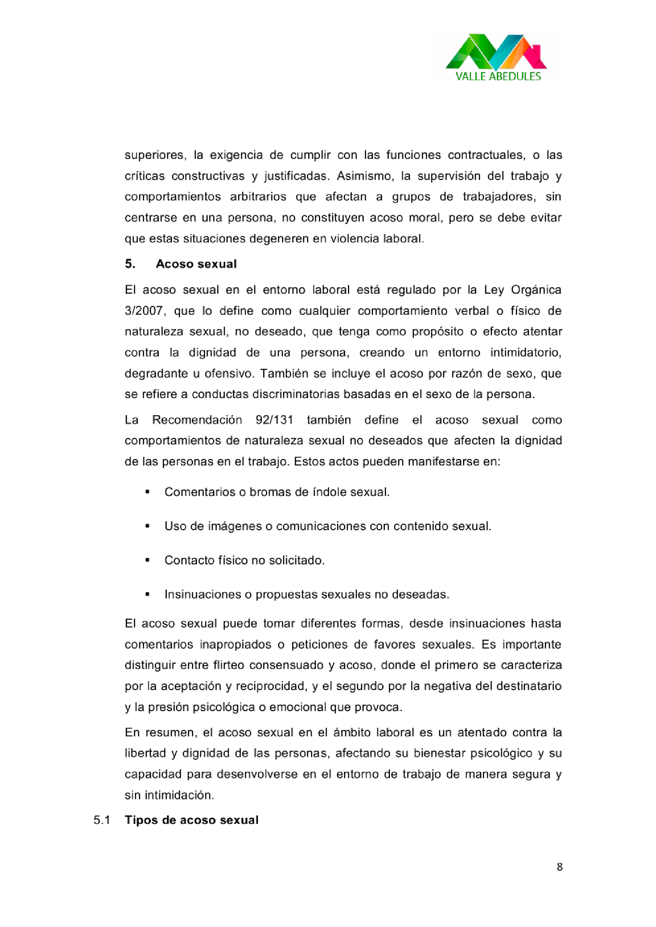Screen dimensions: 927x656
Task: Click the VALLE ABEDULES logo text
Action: coord(498,76)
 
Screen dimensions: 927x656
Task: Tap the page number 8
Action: coord(560,867)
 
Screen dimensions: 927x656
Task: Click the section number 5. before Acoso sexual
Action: coord(130,264)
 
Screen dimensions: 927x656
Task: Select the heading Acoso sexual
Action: coord(196,264)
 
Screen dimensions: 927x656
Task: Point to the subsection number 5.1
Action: coord(102,820)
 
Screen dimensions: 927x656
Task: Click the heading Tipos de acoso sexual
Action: coord(191,820)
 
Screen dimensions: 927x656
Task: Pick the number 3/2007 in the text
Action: coord(145,311)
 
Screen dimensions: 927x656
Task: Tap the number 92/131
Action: coord(275,420)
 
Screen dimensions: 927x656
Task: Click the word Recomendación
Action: coord(197,420)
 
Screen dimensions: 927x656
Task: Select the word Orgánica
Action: coord(536,290)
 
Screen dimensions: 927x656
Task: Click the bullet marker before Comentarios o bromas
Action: coord(148,492)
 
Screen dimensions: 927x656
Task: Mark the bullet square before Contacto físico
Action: coord(148,560)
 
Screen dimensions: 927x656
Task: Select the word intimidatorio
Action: coord(526,352)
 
